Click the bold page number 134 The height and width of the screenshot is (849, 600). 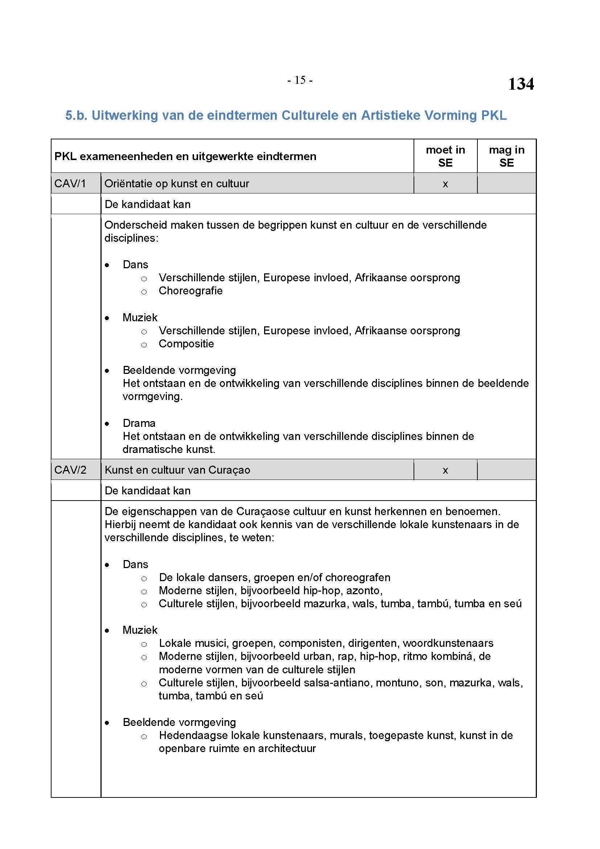click(x=521, y=84)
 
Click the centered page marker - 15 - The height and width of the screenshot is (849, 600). click(x=300, y=80)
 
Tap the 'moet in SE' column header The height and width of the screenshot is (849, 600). click(x=445, y=156)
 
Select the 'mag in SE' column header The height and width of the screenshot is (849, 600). click(x=506, y=156)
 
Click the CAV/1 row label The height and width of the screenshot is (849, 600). click(x=70, y=183)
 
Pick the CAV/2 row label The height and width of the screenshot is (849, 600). click(x=70, y=470)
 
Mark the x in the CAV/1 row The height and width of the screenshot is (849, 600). click(x=445, y=184)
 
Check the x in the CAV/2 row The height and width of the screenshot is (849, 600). click(x=445, y=471)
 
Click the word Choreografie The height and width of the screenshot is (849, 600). click(x=191, y=291)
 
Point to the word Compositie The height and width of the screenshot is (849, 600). click(x=186, y=344)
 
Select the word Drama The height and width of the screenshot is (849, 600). click(x=139, y=423)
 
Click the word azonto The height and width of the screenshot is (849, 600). click(x=363, y=591)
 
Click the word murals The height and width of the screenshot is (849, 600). click(x=347, y=735)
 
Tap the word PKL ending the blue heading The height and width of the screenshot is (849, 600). click(x=494, y=115)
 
